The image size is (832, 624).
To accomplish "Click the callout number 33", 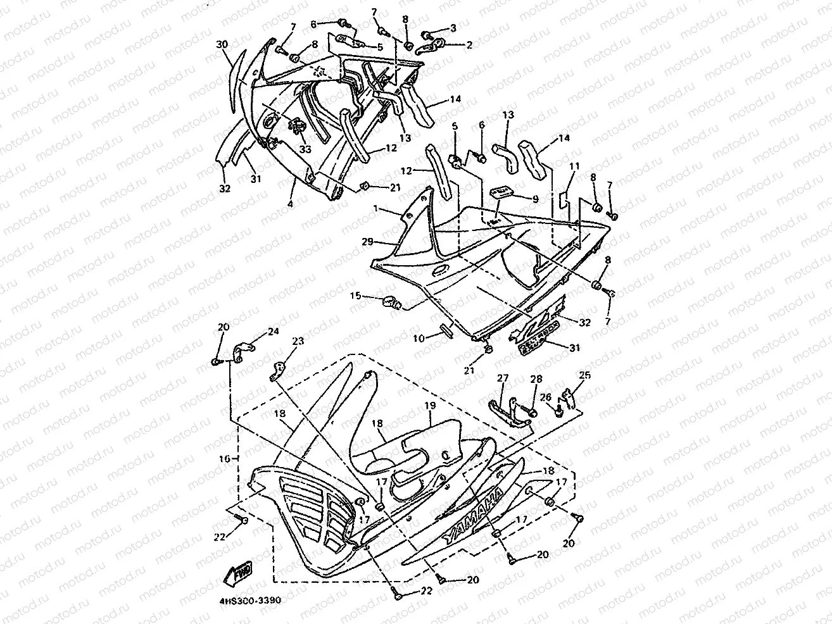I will coord(306,149).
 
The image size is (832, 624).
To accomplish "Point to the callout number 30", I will coord(222,44).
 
